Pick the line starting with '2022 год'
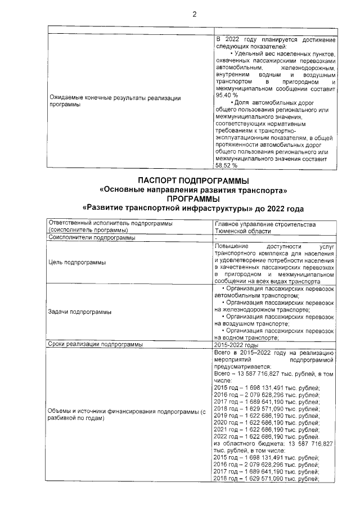coord(267,436)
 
